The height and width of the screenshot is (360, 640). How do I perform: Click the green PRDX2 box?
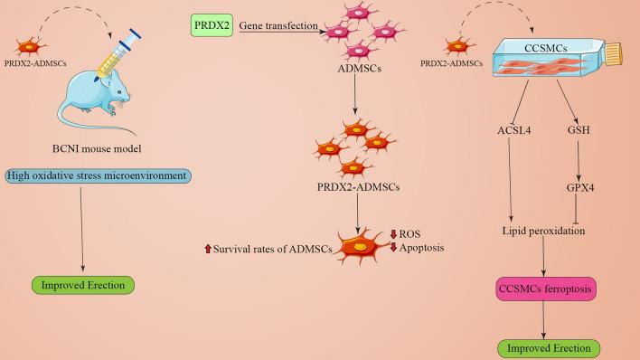212,26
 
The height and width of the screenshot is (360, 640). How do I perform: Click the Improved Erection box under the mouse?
83,286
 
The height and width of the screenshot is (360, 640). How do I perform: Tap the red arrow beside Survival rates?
208,249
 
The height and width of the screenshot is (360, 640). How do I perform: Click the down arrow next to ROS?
393,235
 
